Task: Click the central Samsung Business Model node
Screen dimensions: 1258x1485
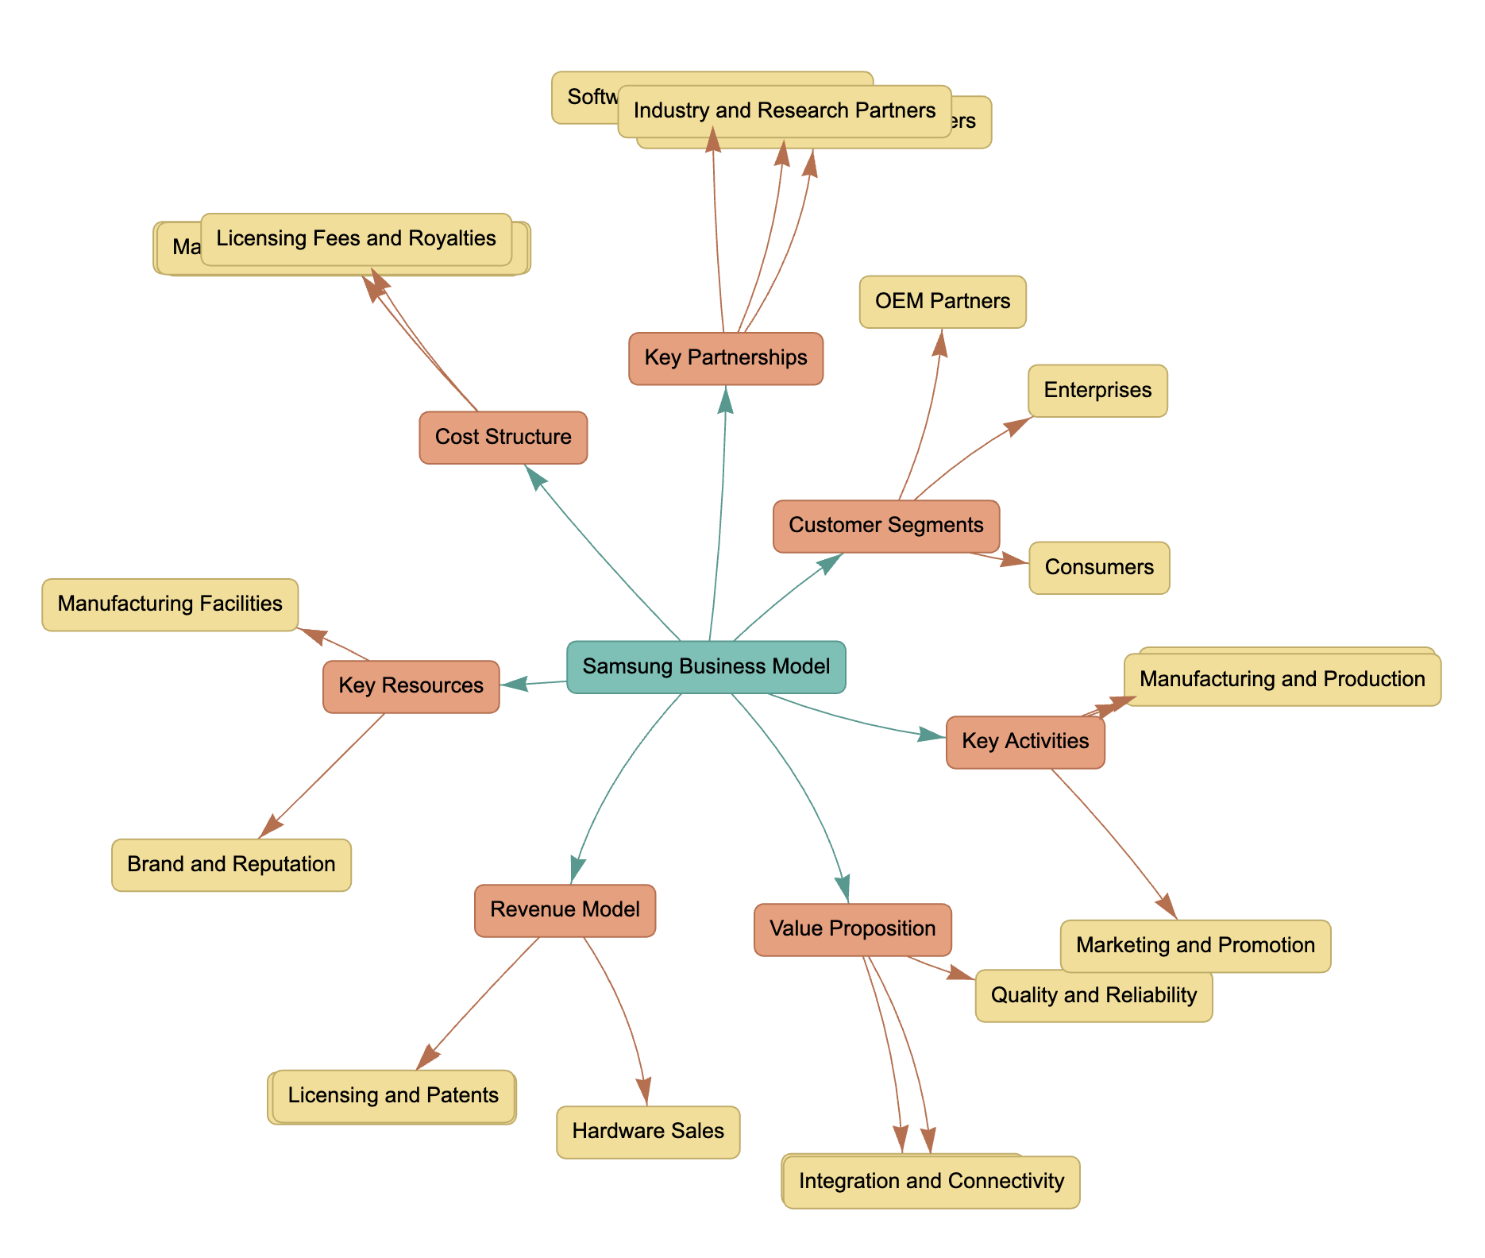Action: pyautogui.click(x=706, y=666)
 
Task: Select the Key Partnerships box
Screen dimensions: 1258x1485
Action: pyautogui.click(x=725, y=358)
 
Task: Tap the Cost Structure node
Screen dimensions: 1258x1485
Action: pyautogui.click(x=503, y=437)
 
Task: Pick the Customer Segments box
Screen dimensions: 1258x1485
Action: pyautogui.click(x=885, y=526)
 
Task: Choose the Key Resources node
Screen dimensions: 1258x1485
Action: pyautogui.click(x=411, y=686)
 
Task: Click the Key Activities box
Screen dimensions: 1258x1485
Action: pyautogui.click(x=1024, y=742)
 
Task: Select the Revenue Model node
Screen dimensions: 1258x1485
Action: pyautogui.click(x=565, y=910)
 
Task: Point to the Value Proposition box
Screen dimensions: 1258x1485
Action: pyautogui.click(x=852, y=929)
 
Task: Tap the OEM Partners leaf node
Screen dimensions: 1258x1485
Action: pyautogui.click(x=943, y=302)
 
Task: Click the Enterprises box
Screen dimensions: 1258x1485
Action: pyautogui.click(x=1097, y=391)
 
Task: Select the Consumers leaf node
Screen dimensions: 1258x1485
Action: pyautogui.click(x=1099, y=568)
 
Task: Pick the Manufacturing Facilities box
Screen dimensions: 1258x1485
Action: pyautogui.click(x=170, y=604)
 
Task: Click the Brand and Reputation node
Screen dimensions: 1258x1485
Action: pyautogui.click(x=231, y=865)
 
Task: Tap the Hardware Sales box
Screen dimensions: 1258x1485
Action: pyautogui.click(x=648, y=1132)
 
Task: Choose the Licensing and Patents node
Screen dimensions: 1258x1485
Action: pyautogui.click(x=393, y=1096)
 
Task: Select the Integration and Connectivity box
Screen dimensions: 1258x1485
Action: pyautogui.click(x=931, y=1182)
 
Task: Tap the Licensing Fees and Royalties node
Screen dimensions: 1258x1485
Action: pyautogui.click(x=356, y=239)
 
